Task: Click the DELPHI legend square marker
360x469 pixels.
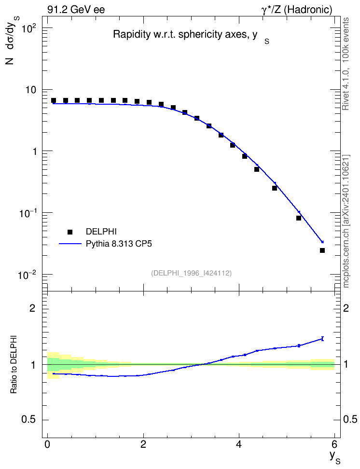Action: (x=70, y=232)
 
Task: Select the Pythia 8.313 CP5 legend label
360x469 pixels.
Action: (x=119, y=244)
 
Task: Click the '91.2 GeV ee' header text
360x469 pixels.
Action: (x=76, y=10)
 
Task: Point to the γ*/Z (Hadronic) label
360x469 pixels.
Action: (x=297, y=10)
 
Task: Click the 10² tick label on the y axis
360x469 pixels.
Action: (x=29, y=29)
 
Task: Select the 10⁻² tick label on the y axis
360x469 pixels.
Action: (x=27, y=275)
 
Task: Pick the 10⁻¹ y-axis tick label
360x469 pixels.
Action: (x=27, y=213)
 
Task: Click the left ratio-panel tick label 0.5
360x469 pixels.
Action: (x=28, y=420)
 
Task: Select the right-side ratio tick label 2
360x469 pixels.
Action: (x=346, y=308)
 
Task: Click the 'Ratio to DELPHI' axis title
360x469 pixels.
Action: (x=14, y=364)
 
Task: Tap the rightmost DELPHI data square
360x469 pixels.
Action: (x=322, y=250)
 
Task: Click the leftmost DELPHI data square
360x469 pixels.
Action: (x=54, y=100)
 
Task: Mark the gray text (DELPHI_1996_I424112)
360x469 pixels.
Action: (x=192, y=273)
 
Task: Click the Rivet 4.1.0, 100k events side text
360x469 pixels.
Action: (x=346, y=64)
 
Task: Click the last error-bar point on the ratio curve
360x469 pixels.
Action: (x=322, y=339)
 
